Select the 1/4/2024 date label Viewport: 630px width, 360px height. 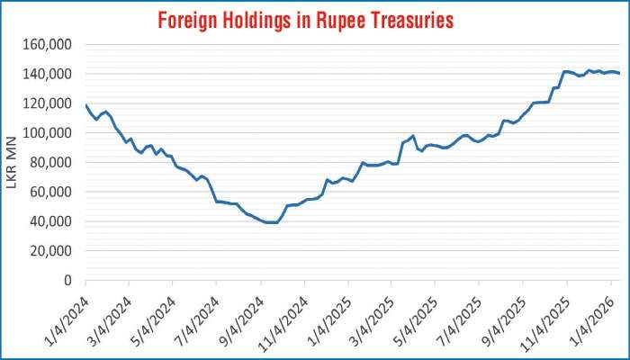pos(66,310)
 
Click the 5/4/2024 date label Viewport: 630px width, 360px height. pos(153,310)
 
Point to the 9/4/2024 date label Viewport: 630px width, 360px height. pos(241,310)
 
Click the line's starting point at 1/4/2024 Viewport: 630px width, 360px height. pos(85,105)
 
